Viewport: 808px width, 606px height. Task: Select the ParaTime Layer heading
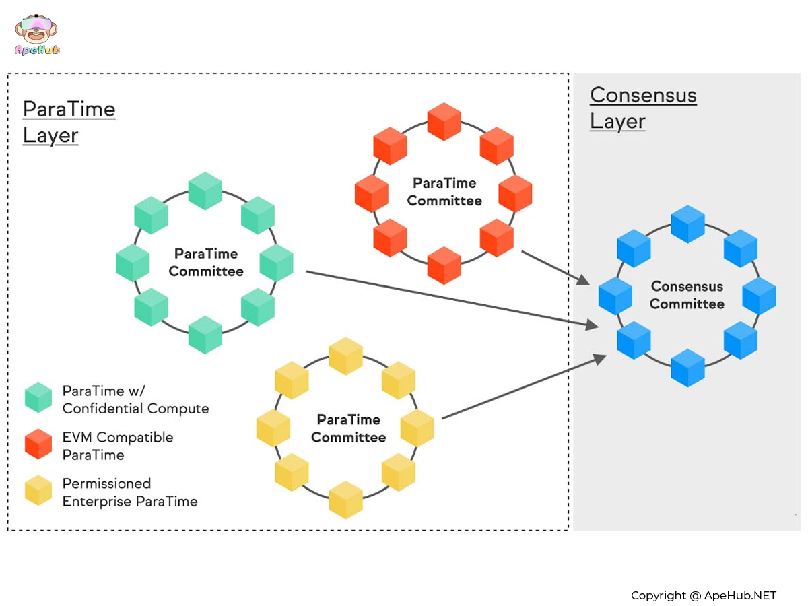pyautogui.click(x=69, y=122)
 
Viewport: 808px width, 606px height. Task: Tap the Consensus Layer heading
pyautogui.click(x=643, y=108)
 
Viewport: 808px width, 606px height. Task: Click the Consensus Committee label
pyautogui.click(x=687, y=295)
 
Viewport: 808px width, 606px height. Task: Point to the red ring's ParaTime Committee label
pyautogui.click(x=444, y=192)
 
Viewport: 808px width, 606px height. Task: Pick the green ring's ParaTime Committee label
pyautogui.click(x=206, y=263)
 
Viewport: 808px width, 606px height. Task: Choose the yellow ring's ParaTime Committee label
pyautogui.click(x=348, y=428)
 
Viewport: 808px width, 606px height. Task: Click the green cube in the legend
pyautogui.click(x=38, y=397)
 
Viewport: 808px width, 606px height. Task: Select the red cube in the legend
pyautogui.click(x=38, y=444)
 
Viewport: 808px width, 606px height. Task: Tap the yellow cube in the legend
pyautogui.click(x=38, y=490)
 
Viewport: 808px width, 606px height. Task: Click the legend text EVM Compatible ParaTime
pyautogui.click(x=117, y=446)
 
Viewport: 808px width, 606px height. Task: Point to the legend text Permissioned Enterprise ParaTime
pyautogui.click(x=129, y=492)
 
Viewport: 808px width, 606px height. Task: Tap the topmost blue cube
pyautogui.click(x=687, y=224)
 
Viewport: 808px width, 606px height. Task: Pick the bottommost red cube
pyautogui.click(x=444, y=265)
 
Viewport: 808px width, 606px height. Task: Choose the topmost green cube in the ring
pyautogui.click(x=205, y=191)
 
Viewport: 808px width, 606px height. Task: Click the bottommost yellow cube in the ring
pyautogui.click(x=346, y=500)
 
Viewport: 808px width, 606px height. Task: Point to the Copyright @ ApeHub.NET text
pyautogui.click(x=703, y=595)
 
